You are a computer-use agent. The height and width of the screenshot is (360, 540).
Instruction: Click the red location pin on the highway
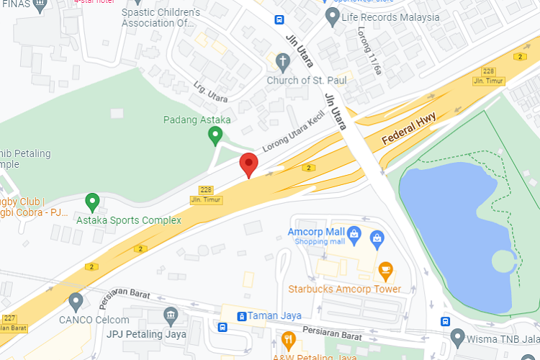[248, 164]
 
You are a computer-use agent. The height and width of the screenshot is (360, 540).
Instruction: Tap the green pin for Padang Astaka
[215, 134]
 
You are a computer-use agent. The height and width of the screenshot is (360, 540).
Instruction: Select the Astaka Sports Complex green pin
[91, 202]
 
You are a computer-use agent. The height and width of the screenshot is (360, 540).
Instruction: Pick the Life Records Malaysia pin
[332, 15]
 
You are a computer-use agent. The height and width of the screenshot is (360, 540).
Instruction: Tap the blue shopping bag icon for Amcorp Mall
[354, 234]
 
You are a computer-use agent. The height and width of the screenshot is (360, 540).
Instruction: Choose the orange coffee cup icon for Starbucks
[385, 271]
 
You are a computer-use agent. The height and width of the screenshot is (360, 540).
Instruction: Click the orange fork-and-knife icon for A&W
[289, 340]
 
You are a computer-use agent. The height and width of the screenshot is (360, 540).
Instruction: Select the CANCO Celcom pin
[76, 301]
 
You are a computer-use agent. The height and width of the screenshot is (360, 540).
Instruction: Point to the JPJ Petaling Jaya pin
[171, 315]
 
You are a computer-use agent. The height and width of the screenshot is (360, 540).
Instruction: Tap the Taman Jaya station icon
[240, 315]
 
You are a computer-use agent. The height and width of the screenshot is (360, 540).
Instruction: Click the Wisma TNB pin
[457, 336]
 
